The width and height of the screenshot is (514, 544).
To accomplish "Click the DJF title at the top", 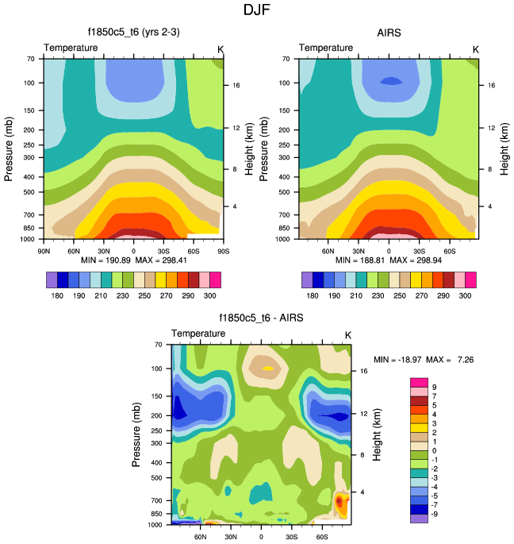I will pos(257,10).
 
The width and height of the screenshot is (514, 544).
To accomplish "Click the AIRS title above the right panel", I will pos(389,33).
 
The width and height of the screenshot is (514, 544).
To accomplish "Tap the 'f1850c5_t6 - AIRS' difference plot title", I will pos(261,318).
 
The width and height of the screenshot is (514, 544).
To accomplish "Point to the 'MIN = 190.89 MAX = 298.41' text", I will pos(132,260).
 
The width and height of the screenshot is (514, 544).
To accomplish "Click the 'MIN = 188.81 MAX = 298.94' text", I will pos(389,260).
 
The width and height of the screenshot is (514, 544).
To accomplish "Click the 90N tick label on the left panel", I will pos(45,252).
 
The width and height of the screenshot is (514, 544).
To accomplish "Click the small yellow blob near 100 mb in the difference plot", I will pos(268,368).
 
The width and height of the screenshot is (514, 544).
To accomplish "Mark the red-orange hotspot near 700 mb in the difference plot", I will pos(340,501).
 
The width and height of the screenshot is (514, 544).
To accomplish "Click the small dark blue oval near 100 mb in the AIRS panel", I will pos(389,81).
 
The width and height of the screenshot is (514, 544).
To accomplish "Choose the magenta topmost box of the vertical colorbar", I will pos(419,383).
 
